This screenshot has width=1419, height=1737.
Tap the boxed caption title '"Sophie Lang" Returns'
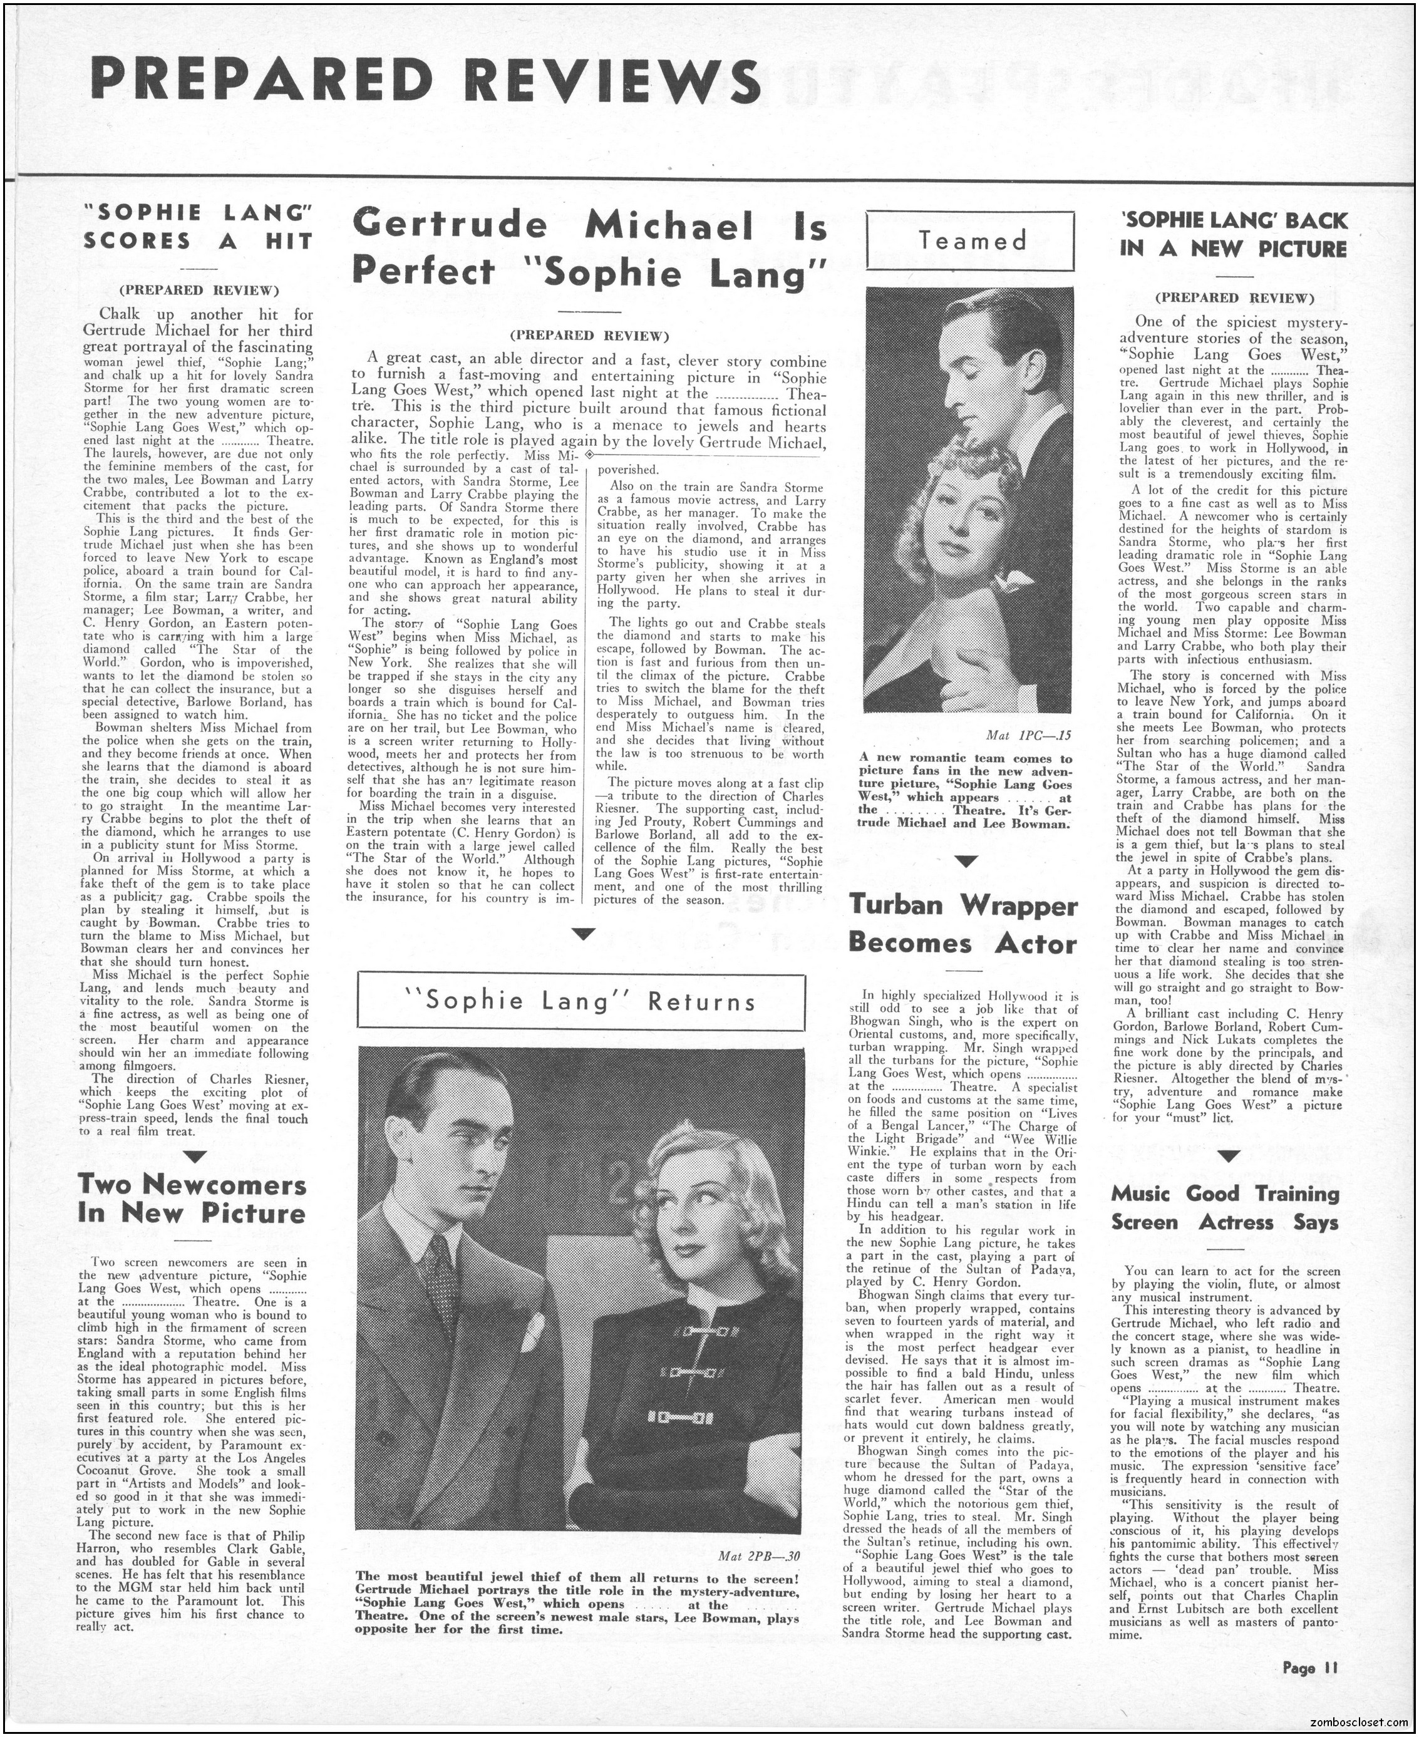pos(582,1002)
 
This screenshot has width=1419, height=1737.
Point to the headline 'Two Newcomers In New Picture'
pos(192,1199)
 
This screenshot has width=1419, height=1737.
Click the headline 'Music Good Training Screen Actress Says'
pos(1225,1208)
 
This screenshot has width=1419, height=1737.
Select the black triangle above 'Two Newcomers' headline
pos(195,1155)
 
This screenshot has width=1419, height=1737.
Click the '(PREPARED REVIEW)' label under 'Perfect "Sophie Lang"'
pos(589,335)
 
